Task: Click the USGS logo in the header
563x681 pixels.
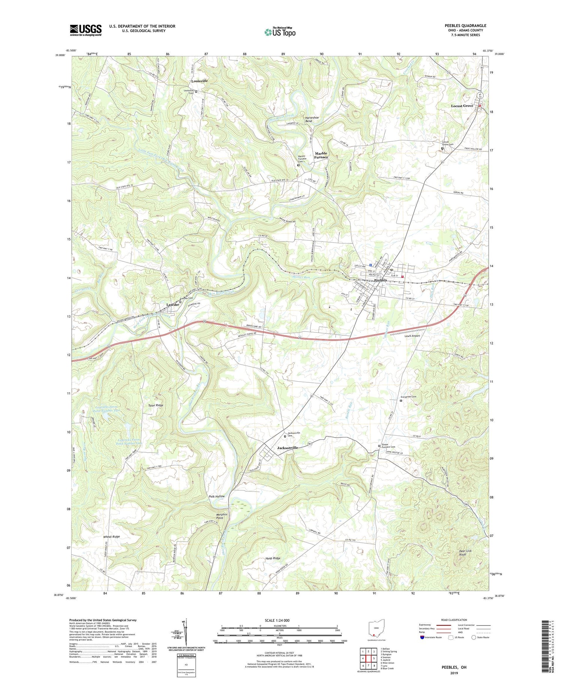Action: tap(86, 30)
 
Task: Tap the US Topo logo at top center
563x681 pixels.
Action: tap(280, 32)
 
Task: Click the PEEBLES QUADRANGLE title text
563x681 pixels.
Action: tap(465, 26)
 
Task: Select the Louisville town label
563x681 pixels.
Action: tap(199, 81)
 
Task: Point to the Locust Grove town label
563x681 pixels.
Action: tap(462, 106)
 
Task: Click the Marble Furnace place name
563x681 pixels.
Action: tap(321, 155)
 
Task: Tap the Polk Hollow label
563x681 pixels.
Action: tap(217, 496)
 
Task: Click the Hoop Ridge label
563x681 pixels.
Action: tap(272, 558)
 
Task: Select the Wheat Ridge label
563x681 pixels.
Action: tap(111, 537)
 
